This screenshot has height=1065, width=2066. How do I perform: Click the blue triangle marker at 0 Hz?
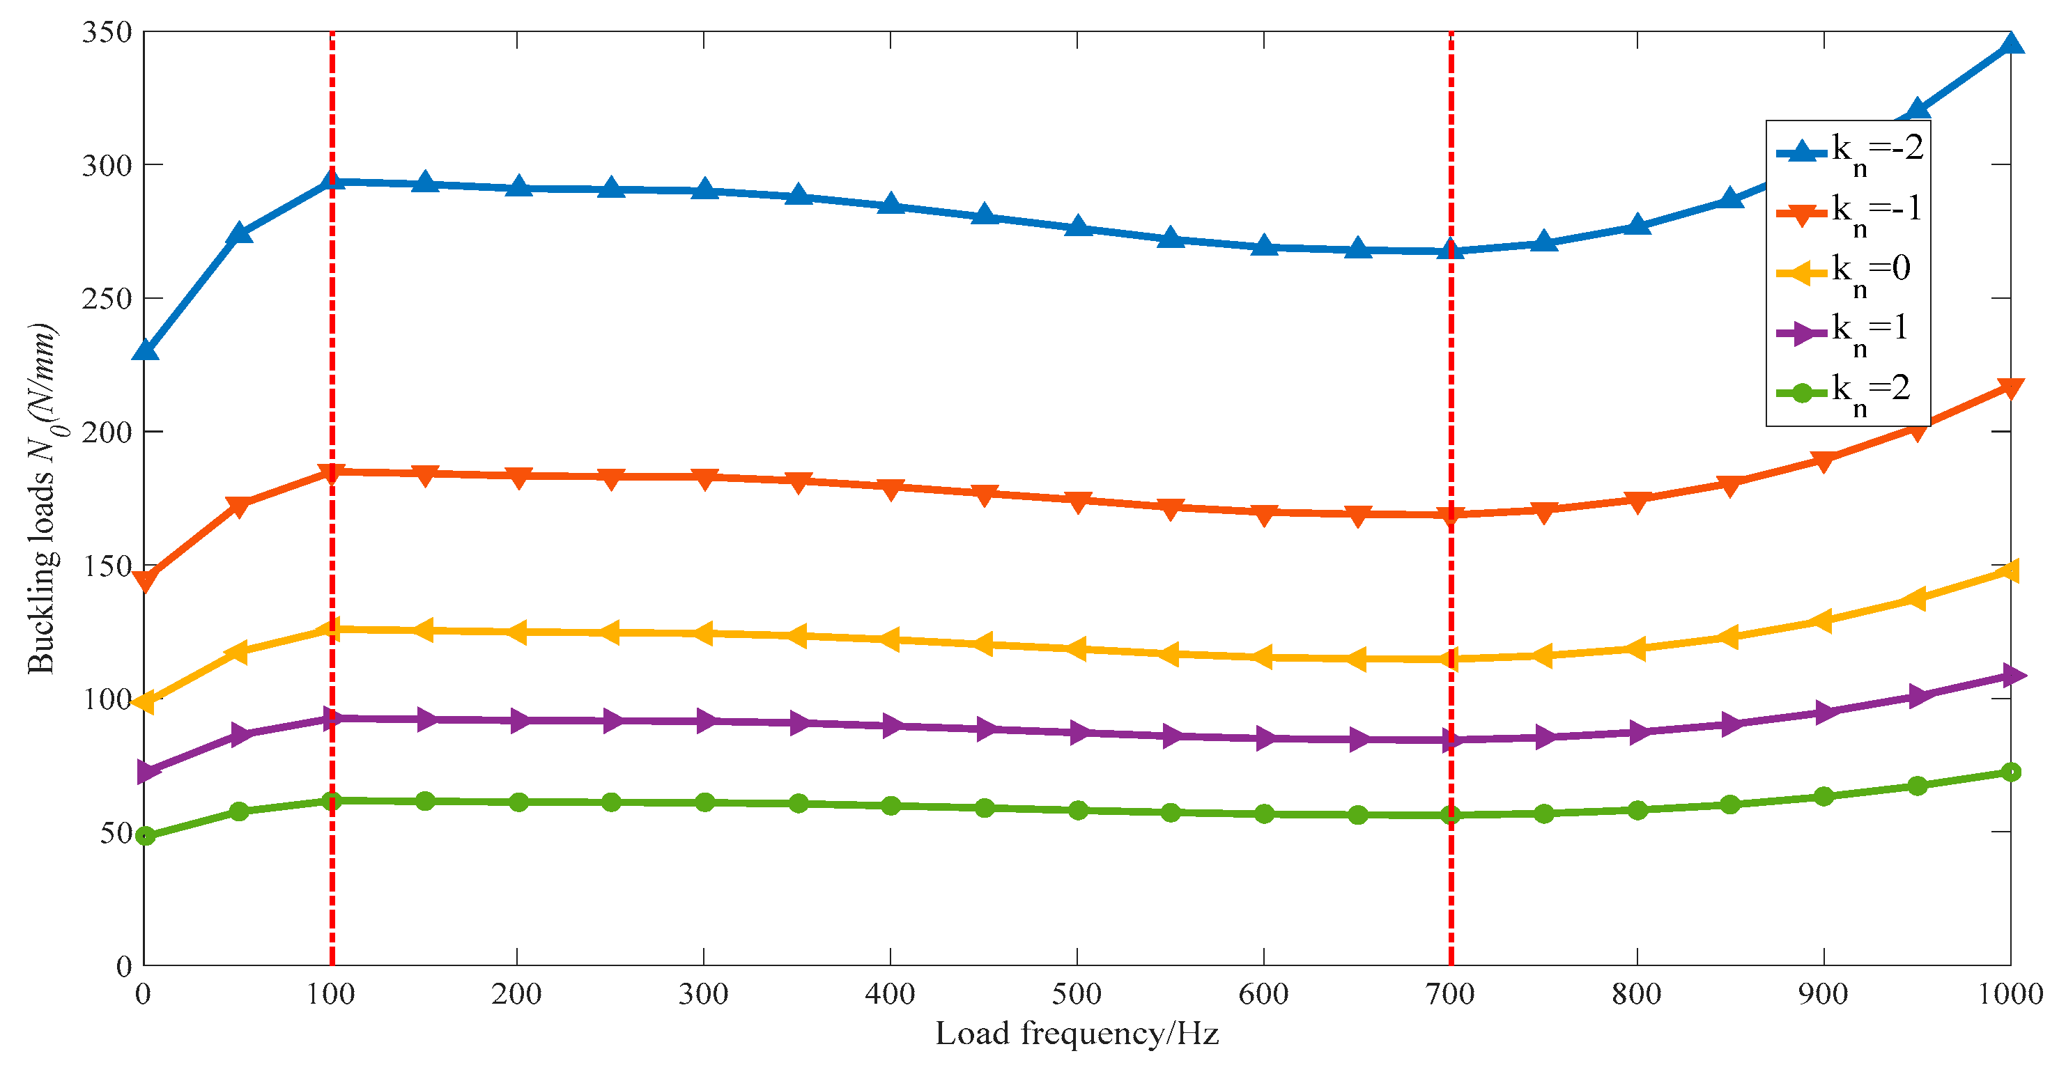tap(145, 350)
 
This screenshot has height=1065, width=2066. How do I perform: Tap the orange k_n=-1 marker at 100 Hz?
tap(331, 472)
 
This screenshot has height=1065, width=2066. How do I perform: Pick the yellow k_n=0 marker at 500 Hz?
tap(1077, 648)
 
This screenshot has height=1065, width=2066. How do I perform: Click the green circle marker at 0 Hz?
tap(145, 836)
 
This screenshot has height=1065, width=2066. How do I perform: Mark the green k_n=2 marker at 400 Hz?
tap(891, 805)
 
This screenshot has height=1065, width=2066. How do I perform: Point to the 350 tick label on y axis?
tap(107, 33)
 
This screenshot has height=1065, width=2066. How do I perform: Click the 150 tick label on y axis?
tap(107, 566)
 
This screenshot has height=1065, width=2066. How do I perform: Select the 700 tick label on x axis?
tap(1451, 995)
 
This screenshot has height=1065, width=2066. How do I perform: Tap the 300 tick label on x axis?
tap(703, 995)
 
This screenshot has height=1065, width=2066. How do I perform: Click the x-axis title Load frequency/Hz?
tap(1077, 1034)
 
